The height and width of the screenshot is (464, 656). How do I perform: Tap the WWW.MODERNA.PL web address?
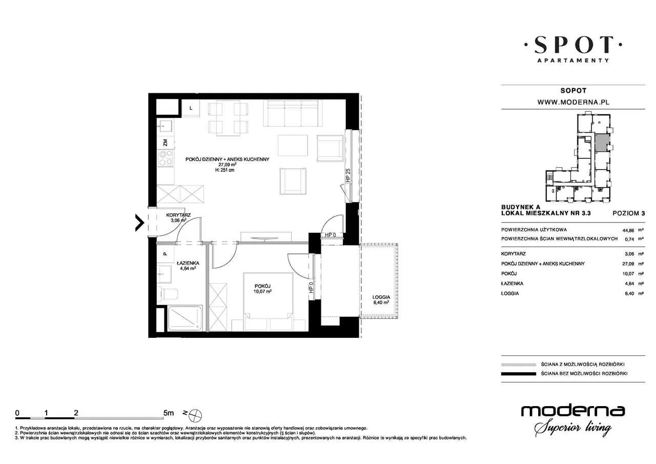click(x=573, y=102)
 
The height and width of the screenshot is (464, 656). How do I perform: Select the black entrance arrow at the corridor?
click(x=140, y=223)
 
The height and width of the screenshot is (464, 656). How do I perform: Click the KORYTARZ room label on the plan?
click(x=178, y=215)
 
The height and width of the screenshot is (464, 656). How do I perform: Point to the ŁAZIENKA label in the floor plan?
click(x=188, y=263)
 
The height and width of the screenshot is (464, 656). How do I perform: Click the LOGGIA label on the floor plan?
click(x=381, y=297)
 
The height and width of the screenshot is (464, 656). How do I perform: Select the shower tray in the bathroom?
click(x=184, y=318)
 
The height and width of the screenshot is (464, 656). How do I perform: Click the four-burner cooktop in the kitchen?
click(x=166, y=158)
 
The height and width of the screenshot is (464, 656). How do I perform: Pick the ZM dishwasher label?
click(x=165, y=143)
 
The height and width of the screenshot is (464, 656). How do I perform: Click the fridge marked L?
click(x=191, y=108)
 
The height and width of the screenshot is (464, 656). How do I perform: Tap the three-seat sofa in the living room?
click(x=293, y=113)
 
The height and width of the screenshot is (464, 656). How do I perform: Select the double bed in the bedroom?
click(x=268, y=302)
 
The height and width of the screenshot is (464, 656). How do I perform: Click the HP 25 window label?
click(x=348, y=176)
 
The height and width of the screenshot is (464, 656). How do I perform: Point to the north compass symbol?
click(x=195, y=415)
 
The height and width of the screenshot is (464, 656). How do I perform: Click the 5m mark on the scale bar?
click(x=169, y=413)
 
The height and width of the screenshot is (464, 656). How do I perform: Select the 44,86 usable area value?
click(x=628, y=230)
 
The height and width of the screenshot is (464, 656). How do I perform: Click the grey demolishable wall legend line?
click(x=519, y=365)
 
